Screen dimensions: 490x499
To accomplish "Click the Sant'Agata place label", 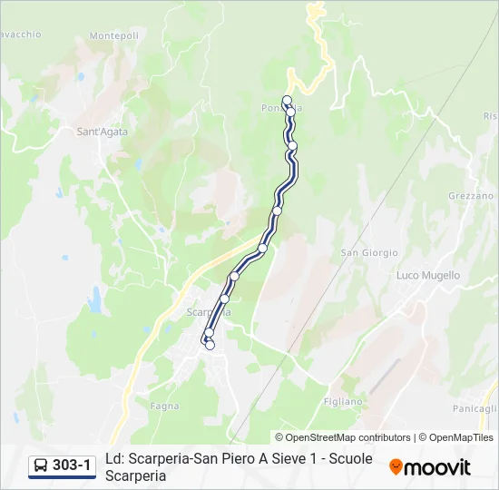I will point(102,132).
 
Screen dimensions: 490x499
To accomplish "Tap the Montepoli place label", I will point(114,36).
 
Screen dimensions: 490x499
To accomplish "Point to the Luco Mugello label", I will point(428,275).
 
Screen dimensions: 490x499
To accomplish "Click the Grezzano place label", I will point(471,196).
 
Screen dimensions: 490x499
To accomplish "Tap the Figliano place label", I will point(343,401).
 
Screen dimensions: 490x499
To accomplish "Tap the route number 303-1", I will point(72,466).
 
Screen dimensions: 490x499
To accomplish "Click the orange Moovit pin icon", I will point(396,467).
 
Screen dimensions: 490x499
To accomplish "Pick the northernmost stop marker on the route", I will point(288,101).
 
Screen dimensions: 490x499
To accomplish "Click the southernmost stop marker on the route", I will point(210,345).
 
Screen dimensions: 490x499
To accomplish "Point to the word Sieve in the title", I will point(276,459).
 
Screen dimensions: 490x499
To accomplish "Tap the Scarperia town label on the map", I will point(208,312).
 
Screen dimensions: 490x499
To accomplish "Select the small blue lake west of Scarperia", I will point(96,296).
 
